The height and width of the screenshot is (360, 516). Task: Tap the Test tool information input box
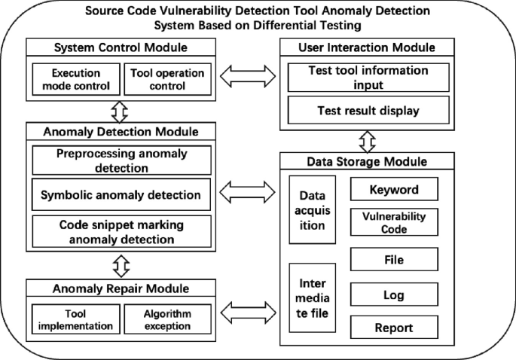tap(368, 77)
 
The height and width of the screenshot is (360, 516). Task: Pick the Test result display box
tap(368, 111)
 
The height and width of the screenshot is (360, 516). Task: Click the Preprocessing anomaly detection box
tap(121, 160)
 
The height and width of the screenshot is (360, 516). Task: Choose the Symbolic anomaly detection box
tap(121, 195)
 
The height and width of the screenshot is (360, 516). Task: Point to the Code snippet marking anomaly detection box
tap(121, 232)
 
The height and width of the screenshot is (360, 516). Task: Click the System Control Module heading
tap(121, 48)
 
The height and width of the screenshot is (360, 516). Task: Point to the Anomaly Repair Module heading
tap(121, 288)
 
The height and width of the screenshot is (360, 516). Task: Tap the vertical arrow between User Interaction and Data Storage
tap(368, 141)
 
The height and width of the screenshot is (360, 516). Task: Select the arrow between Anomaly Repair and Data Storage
tap(247, 308)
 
